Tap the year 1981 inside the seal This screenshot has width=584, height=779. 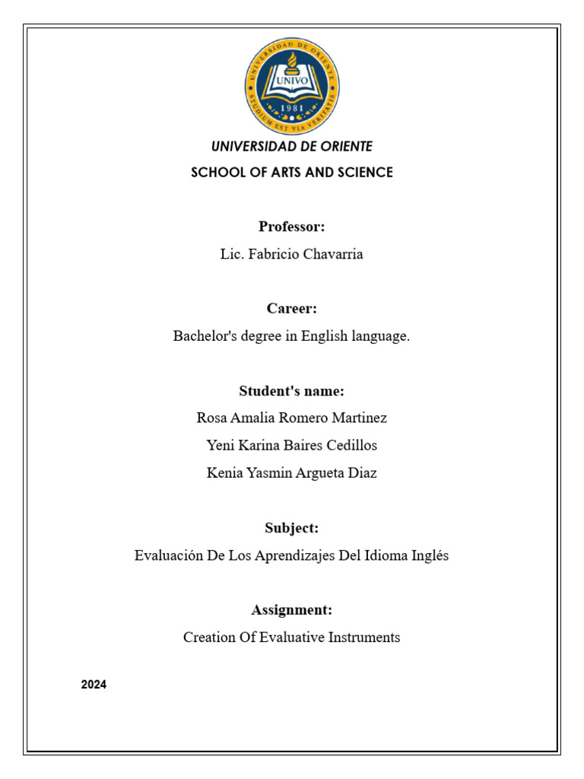[292, 108]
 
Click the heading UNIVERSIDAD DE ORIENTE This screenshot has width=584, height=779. [292, 146]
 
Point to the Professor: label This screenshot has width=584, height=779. [292, 227]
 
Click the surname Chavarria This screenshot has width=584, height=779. [333, 254]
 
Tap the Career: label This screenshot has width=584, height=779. [292, 309]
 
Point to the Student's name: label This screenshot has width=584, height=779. [292, 391]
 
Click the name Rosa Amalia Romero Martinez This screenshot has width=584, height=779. [292, 418]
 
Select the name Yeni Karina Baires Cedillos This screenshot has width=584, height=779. [292, 446]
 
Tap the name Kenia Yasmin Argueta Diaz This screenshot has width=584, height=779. [292, 473]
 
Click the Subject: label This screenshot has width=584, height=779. [292, 528]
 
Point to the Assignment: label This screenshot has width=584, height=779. [292, 610]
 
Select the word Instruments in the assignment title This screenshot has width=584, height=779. [364, 638]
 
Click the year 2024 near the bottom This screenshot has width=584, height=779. [94, 685]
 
